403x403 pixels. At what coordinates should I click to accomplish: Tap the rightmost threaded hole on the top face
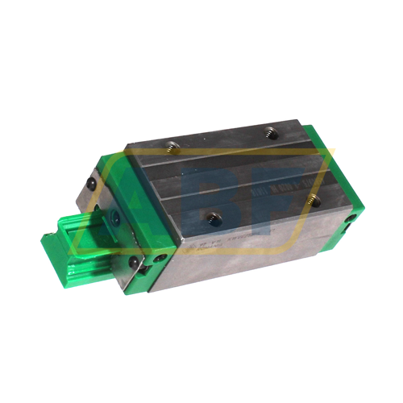coord(314,201)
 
